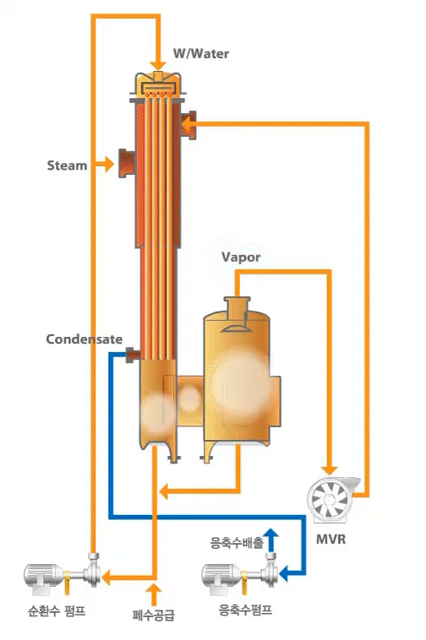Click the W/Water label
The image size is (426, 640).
point(200,53)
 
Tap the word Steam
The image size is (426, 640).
point(67,165)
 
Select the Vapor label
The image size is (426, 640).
point(241,258)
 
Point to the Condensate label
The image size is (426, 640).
point(85,339)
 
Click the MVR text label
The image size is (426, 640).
point(330,540)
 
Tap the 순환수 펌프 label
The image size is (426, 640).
point(57,610)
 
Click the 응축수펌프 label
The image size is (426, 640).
point(245,610)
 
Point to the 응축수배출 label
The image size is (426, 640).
point(237,543)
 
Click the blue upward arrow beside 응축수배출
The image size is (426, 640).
point(270,540)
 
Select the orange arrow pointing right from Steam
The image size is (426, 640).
point(103,164)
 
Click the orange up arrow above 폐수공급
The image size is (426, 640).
point(154,594)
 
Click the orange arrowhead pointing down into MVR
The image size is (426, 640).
point(329,469)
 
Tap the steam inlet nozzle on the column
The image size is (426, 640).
point(127,163)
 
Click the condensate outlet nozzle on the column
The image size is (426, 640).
point(133,355)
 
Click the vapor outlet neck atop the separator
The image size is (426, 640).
point(237,309)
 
